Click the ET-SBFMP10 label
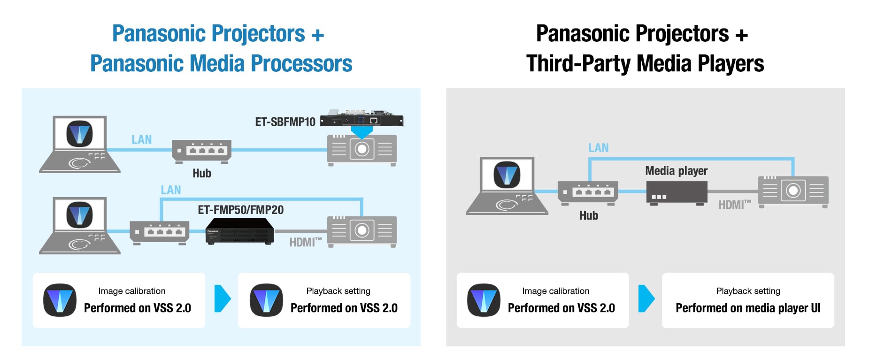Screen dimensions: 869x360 [x=285, y=122]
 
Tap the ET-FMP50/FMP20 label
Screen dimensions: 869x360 [x=240, y=210]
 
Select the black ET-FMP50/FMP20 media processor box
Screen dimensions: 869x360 [x=239, y=231]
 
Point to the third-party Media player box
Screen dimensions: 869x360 [x=677, y=192]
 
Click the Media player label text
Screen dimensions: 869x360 [x=676, y=171]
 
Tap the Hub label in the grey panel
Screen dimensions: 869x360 [x=589, y=215]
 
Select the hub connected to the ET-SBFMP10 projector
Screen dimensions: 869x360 [x=202, y=151]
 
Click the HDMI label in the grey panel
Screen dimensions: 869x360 [x=735, y=205]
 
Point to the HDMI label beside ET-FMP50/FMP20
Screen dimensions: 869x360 [x=306, y=242]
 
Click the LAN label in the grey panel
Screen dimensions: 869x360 [x=599, y=148]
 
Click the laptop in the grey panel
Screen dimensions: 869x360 [x=507, y=186]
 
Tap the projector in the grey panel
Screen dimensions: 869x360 [x=793, y=191]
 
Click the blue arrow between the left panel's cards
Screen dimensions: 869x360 [x=223, y=299]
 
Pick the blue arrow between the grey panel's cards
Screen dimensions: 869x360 [x=646, y=299]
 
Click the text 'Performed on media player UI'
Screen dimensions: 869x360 [x=748, y=308]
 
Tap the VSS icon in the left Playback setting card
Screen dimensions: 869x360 [x=266, y=300]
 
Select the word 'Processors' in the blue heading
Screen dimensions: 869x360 [x=302, y=64]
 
